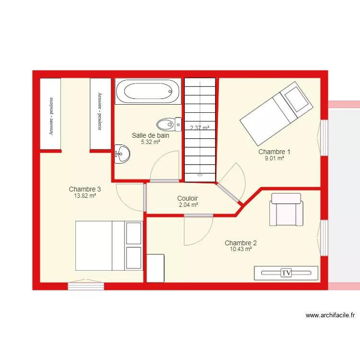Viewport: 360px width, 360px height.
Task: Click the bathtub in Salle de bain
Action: pos(148,91)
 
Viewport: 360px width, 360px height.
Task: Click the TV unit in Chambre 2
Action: pos(287,273)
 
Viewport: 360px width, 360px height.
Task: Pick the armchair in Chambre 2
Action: pos(287,209)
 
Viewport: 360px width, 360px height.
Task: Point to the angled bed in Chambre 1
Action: pos(276,113)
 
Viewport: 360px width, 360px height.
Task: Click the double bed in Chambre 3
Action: pos(109,245)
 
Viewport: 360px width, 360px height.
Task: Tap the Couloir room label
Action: pos(188,198)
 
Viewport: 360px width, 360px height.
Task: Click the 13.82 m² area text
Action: pos(85,196)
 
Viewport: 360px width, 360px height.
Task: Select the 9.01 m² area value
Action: pos(274,158)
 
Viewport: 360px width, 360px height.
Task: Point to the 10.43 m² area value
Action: pos(240,250)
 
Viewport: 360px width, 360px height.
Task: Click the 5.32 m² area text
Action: pos(150,142)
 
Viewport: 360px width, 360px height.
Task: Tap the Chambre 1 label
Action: pos(274,152)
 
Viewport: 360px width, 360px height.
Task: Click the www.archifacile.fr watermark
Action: pos(330,315)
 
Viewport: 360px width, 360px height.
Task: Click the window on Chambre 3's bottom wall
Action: pos(86,286)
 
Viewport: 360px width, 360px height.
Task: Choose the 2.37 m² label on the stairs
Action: pos(200,128)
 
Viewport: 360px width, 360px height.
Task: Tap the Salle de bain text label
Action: pos(150,135)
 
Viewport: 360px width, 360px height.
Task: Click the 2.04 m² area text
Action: pos(188,205)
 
